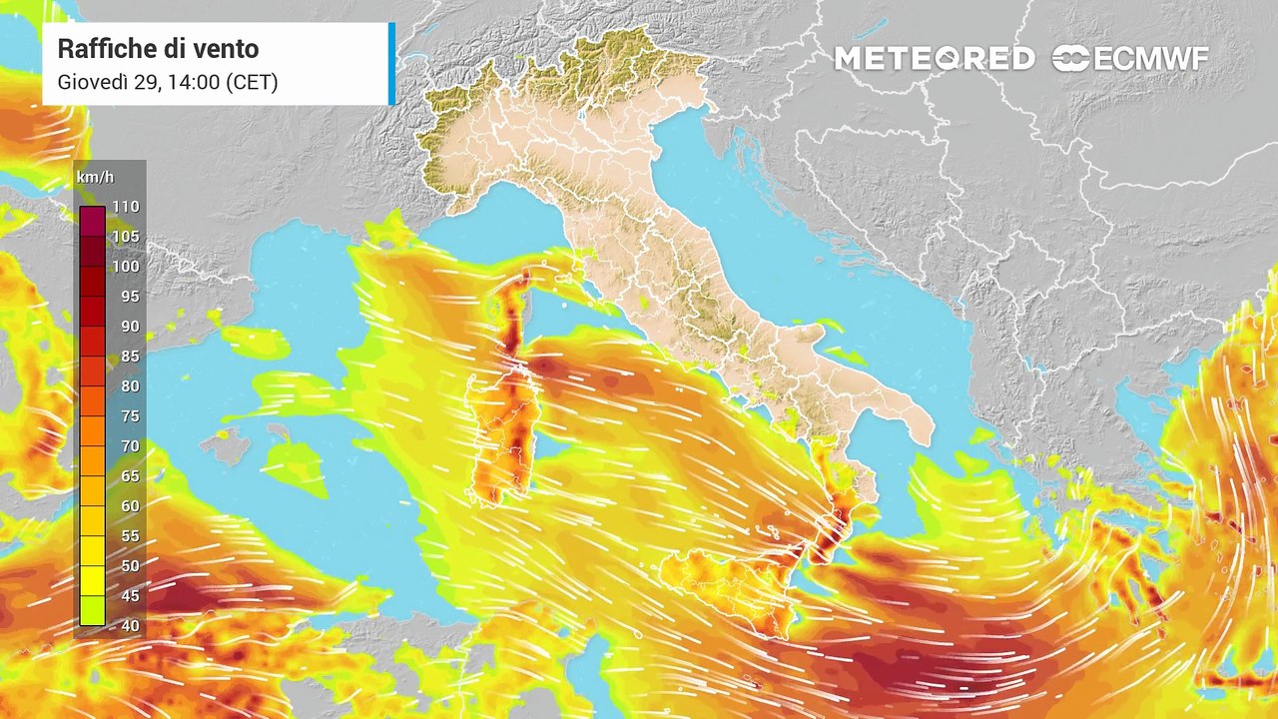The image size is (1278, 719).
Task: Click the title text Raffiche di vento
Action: (x=158, y=48)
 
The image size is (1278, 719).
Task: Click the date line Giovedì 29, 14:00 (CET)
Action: (x=168, y=82)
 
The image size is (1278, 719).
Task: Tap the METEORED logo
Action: (x=934, y=59)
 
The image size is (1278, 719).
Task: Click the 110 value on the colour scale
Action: (x=126, y=207)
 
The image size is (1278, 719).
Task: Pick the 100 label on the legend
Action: (x=126, y=267)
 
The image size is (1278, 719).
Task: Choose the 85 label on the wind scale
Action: (x=130, y=357)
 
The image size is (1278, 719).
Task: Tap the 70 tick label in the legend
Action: (x=130, y=446)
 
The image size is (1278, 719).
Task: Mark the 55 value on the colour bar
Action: (x=130, y=536)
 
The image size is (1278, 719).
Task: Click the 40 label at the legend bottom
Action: (x=130, y=626)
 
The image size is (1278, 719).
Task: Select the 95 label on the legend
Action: (x=130, y=297)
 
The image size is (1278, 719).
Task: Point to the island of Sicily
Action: (x=729, y=584)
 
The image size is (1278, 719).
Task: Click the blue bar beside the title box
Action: (x=391, y=64)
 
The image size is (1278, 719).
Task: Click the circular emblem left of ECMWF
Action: (x=1070, y=59)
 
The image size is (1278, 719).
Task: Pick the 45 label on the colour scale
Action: (x=130, y=596)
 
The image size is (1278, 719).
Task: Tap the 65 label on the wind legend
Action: (x=130, y=476)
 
